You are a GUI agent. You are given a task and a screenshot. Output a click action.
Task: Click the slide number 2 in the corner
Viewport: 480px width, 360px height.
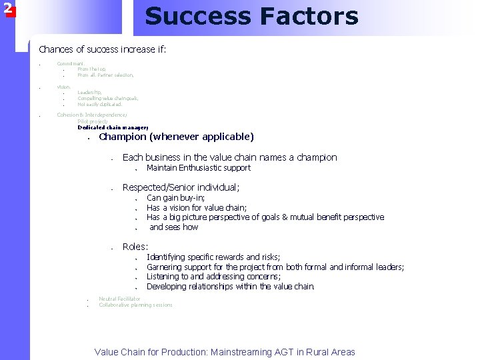pos(7,8)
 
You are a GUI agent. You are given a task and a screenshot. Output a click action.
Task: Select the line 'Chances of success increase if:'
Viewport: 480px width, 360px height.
pos(102,49)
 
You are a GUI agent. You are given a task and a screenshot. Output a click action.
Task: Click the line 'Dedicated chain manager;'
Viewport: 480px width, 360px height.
pos(113,127)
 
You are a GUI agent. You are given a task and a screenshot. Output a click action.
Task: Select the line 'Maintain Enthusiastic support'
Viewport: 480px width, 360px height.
pos(198,167)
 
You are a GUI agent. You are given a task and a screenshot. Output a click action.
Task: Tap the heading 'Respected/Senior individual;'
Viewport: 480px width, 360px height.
pos(181,187)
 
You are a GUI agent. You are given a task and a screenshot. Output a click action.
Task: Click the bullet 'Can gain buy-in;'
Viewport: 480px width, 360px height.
pos(175,197)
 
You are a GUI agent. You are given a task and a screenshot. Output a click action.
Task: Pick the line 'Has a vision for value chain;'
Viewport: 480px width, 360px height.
pos(196,207)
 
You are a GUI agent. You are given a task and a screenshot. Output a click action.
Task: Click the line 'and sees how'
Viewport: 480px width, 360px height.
pos(173,227)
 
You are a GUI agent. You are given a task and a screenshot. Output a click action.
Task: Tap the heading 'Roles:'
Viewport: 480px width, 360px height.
pos(135,247)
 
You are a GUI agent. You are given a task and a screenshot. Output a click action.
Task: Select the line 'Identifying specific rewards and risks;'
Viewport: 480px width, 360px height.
pos(213,257)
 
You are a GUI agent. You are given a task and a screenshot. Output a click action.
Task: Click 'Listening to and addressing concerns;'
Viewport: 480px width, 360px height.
pos(213,277)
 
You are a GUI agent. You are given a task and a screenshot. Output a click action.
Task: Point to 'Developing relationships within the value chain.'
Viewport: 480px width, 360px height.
pos(230,287)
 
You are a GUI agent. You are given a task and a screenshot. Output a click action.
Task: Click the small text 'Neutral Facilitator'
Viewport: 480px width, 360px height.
pos(119,299)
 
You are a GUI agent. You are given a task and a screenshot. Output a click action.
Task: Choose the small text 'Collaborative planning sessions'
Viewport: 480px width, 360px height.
pos(135,305)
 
